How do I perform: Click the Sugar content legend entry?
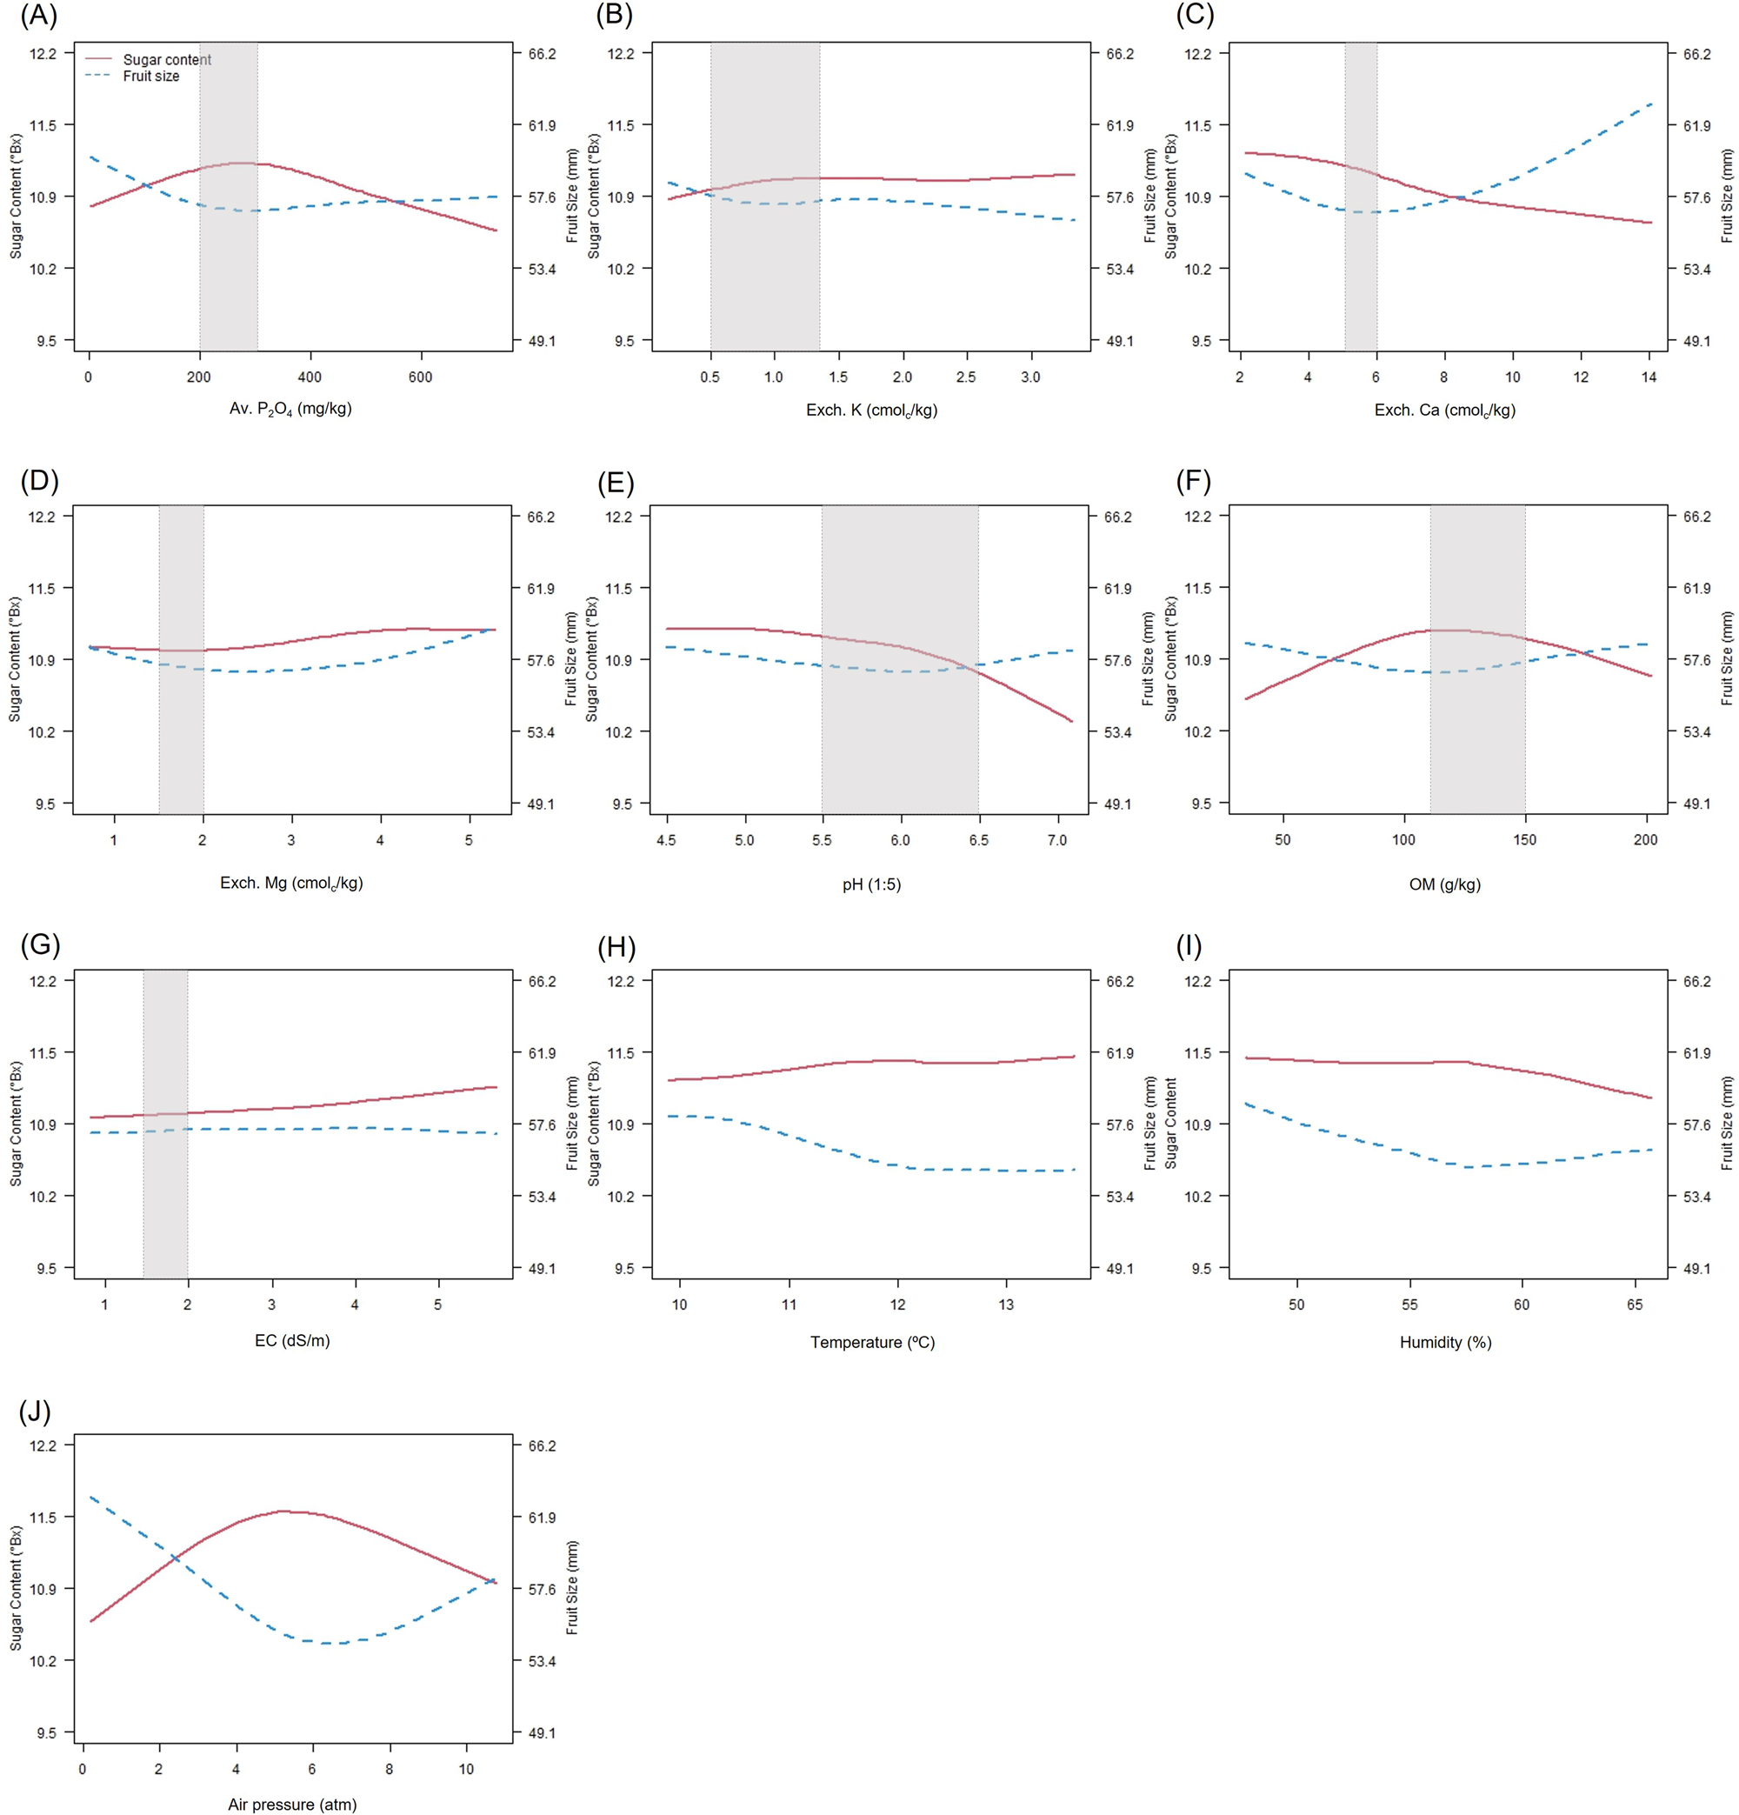click(167, 59)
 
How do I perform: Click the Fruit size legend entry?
click(151, 76)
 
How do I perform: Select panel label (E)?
click(616, 483)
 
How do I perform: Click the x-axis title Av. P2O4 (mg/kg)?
click(290, 409)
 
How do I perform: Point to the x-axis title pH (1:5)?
click(870, 884)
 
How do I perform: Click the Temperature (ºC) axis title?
click(872, 1342)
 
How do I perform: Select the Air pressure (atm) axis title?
click(291, 1804)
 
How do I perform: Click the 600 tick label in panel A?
click(420, 377)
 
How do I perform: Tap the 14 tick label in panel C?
click(1649, 377)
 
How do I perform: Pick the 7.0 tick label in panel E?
click(1056, 840)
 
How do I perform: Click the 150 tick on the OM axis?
click(1524, 839)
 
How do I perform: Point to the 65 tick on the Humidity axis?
click(1635, 1304)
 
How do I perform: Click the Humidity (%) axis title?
click(1444, 1342)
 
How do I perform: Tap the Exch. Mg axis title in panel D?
click(290, 884)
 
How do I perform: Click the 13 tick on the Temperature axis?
click(1006, 1304)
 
